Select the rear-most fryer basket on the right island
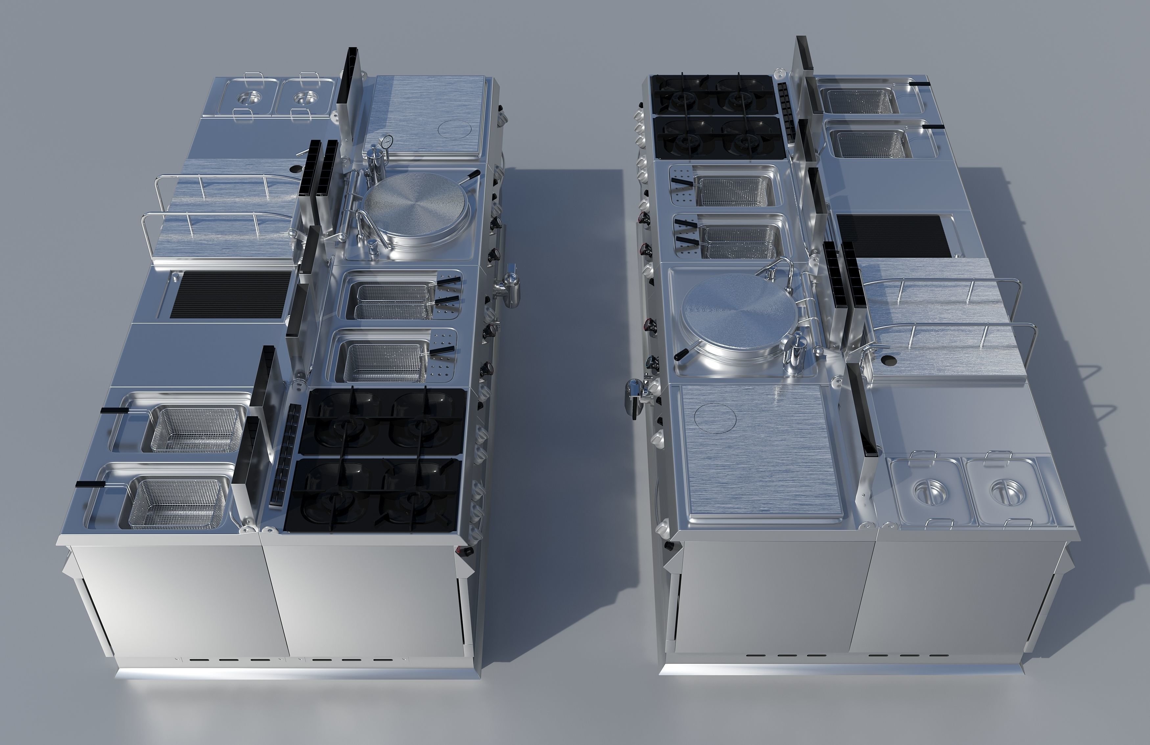tap(860, 101)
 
